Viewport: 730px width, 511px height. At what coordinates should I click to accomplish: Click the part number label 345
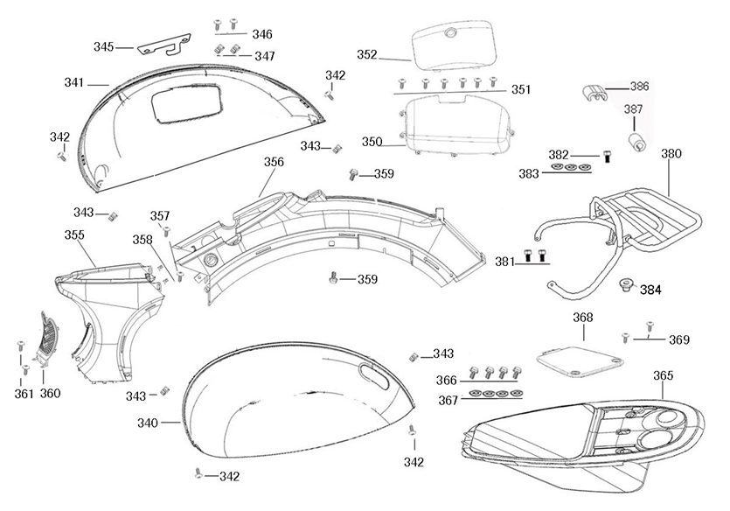tap(104, 46)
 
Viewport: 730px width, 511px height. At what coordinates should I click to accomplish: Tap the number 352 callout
tap(367, 54)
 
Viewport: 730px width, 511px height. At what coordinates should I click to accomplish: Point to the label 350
tap(372, 142)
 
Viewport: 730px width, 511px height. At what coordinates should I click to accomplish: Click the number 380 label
tap(671, 153)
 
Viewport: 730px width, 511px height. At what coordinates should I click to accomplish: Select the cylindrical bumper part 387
tap(635, 140)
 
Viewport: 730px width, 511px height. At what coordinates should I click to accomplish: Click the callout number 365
tap(664, 375)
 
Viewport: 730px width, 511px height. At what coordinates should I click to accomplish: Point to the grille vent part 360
tap(48, 337)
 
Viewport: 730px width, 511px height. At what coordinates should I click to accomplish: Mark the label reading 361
tap(24, 394)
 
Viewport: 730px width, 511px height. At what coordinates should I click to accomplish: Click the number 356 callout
tap(274, 162)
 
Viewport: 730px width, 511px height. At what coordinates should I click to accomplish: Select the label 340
tap(148, 423)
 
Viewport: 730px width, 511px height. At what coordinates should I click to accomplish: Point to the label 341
tap(74, 82)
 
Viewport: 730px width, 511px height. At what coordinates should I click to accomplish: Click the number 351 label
tap(521, 89)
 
